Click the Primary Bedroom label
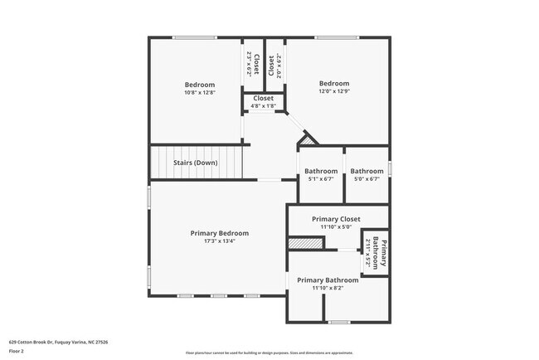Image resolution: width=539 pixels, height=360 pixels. (x=219, y=233)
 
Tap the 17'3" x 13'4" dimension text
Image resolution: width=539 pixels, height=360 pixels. (x=219, y=241)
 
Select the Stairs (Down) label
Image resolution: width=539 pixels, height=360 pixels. (x=196, y=163)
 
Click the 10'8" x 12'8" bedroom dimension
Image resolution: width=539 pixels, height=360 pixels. (x=199, y=93)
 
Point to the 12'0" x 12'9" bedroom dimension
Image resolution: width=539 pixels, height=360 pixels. (x=334, y=92)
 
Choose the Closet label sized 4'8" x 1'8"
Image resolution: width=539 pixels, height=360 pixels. (x=263, y=98)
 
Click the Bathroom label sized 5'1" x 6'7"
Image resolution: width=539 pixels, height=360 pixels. (x=320, y=172)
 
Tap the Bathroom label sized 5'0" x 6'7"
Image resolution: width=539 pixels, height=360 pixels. (x=367, y=172)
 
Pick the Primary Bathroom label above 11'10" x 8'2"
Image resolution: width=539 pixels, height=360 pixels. (x=328, y=280)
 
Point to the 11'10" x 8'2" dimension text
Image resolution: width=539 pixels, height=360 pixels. (x=328, y=289)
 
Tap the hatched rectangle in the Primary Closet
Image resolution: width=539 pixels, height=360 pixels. (x=303, y=244)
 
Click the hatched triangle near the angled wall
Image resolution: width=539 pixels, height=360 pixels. (x=308, y=142)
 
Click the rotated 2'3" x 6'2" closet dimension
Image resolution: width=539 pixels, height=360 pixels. (x=249, y=63)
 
